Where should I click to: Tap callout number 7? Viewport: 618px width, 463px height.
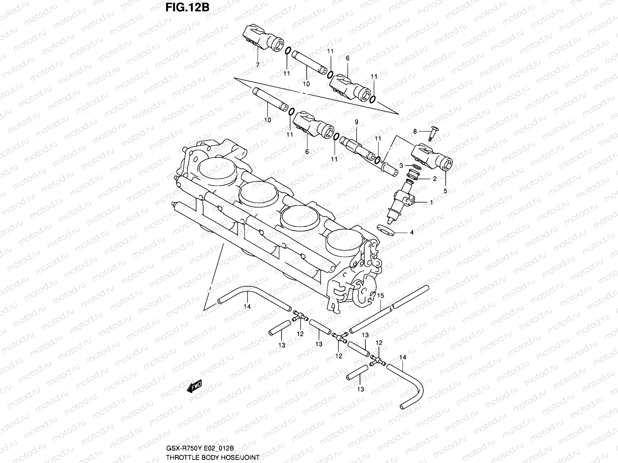click(258, 65)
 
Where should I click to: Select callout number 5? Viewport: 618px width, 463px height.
click(446, 191)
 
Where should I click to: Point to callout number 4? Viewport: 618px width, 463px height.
click(412, 233)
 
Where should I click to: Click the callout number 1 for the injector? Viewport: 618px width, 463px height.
click(431, 202)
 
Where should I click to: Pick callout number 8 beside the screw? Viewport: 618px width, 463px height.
click(415, 131)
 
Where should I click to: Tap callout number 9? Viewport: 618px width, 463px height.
click(357, 122)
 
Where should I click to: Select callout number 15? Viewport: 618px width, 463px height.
click(380, 296)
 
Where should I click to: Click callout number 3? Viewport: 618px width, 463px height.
click(401, 165)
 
